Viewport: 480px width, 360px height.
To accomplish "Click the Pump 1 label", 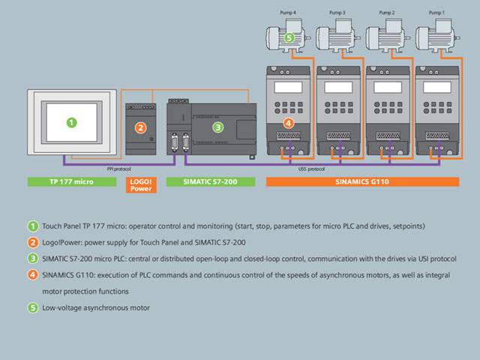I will (436, 13).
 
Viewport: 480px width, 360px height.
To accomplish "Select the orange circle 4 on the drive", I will (288, 122).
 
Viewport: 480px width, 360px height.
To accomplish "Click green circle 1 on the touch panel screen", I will (71, 121).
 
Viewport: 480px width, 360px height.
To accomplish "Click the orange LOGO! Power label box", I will (140, 184).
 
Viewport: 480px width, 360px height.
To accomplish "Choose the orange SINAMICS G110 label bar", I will (362, 181).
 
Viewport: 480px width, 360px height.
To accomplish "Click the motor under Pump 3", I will (338, 37).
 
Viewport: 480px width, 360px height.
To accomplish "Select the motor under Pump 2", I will (388, 37).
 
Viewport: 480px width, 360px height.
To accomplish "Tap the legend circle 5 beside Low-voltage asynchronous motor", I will (32, 307).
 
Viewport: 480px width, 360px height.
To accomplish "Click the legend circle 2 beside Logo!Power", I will (32, 242).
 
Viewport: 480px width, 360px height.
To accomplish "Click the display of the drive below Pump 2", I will (387, 87).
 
